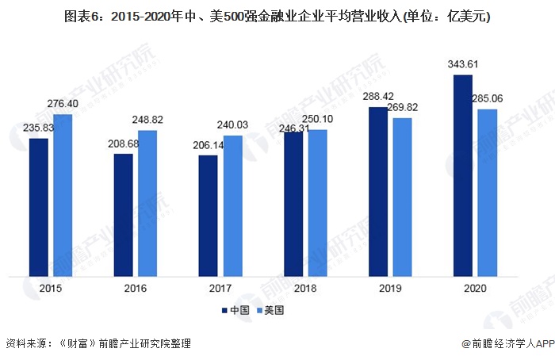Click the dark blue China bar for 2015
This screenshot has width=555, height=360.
pyautogui.click(x=39, y=207)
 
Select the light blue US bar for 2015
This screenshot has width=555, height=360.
pyautogui.click(x=63, y=195)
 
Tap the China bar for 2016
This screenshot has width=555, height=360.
pyautogui.click(x=123, y=215)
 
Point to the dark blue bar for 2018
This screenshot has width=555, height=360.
pyautogui.click(x=293, y=204)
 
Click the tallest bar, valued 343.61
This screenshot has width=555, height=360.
pyautogui.click(x=463, y=175)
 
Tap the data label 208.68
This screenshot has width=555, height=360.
pyautogui.click(x=124, y=144)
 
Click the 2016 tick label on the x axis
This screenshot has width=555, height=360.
pyautogui.click(x=136, y=289)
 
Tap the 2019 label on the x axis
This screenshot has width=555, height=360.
pyautogui.click(x=390, y=289)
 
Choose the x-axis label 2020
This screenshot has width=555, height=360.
pyautogui.click(x=475, y=289)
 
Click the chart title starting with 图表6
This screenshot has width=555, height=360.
pyautogui.click(x=277, y=16)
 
